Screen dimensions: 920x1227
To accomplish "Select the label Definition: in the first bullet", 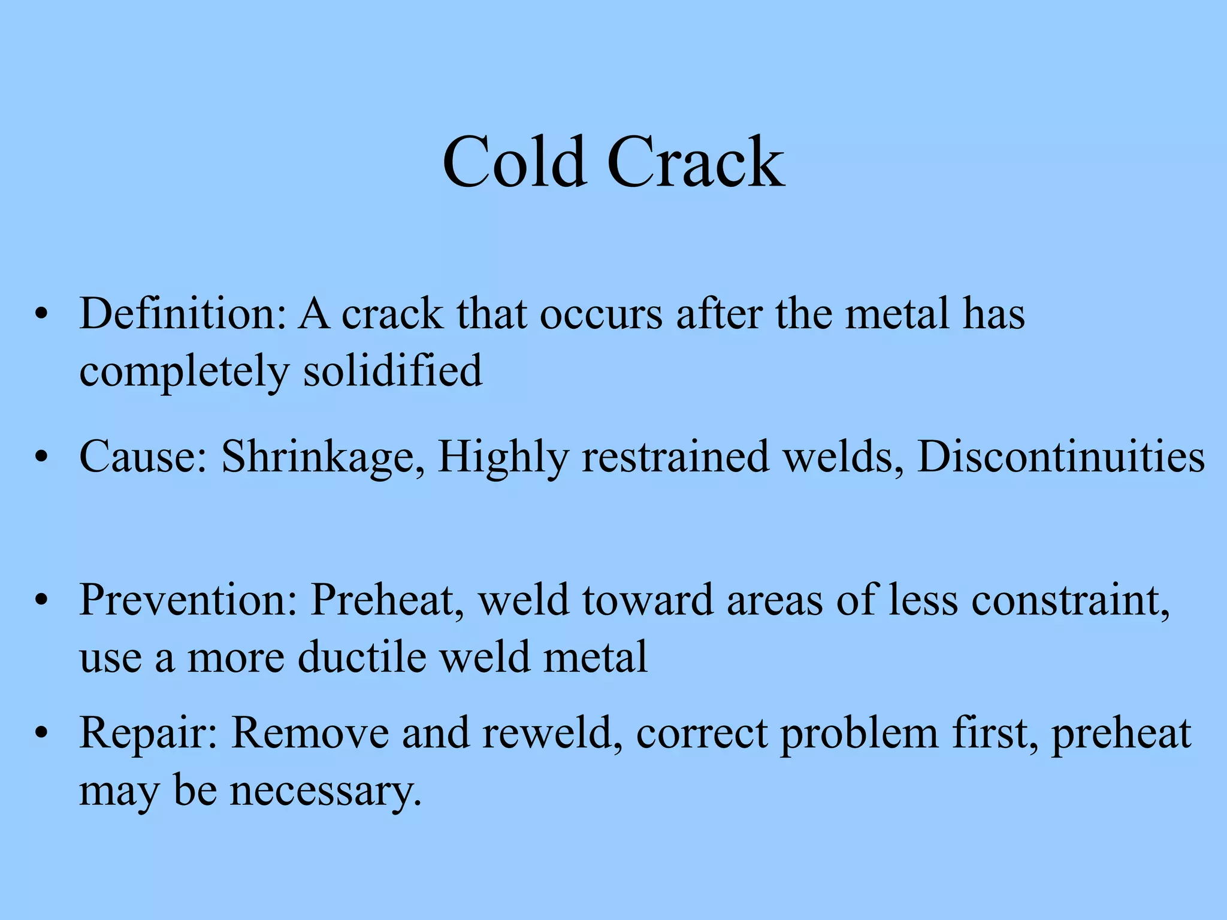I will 183,313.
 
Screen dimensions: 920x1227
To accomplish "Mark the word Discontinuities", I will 1061,457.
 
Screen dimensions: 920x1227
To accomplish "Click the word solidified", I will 392,370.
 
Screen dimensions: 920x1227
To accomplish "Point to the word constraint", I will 1070,600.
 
